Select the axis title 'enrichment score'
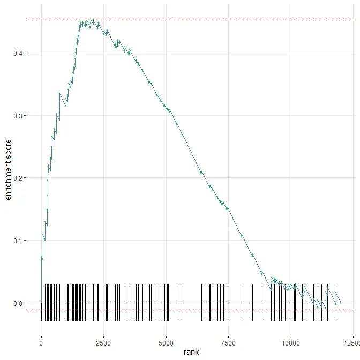click(x=8, y=170)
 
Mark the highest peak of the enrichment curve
click(x=92, y=19)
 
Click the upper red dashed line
click(x=214, y=19)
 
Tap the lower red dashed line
click(x=214, y=309)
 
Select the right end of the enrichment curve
click(x=341, y=303)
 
